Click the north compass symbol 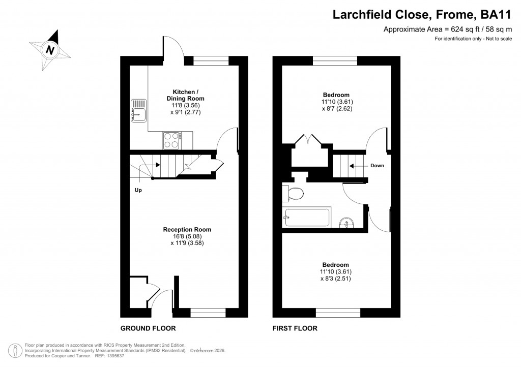50,49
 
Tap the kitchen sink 138,111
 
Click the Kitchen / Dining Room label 185,95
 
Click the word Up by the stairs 138,191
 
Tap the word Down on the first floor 377,166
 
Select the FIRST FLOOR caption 295,328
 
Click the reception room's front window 208,313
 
